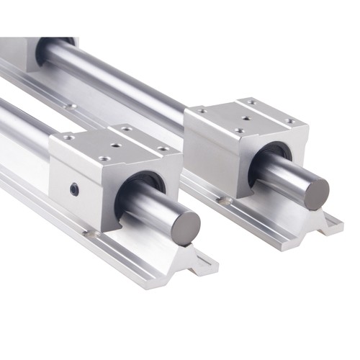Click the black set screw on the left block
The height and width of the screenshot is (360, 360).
(x=75, y=189)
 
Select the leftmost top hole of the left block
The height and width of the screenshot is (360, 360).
(x=68, y=136)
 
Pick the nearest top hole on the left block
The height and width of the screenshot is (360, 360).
(x=106, y=158)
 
